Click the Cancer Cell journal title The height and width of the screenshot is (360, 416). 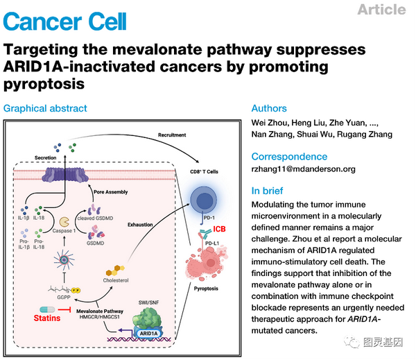65,21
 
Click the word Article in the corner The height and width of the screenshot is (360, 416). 382,9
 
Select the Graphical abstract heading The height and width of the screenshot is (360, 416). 46,108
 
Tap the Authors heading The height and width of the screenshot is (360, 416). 269,108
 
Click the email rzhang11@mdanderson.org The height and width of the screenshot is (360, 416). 303,169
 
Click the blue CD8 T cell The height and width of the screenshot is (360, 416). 209,200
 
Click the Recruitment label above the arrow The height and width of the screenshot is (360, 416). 171,134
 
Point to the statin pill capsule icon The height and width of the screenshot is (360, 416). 47,308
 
